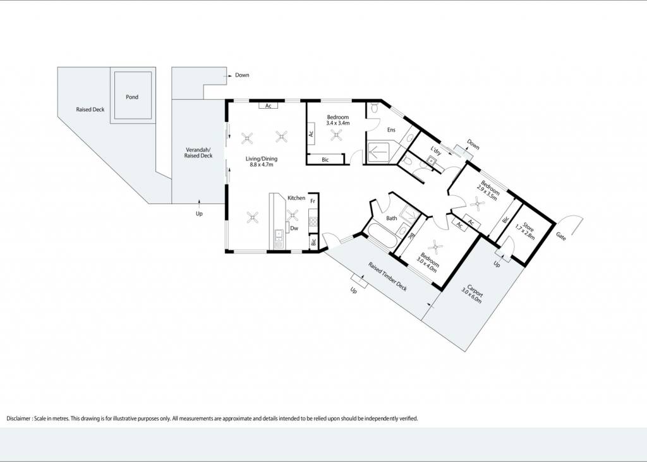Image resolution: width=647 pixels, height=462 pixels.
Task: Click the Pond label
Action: pyautogui.click(x=132, y=97)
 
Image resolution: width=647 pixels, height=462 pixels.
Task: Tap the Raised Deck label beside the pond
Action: pyautogui.click(x=90, y=109)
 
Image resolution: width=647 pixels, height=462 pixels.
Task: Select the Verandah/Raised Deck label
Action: pyautogui.click(x=198, y=153)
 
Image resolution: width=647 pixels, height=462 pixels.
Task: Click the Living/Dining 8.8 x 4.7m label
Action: pyautogui.click(x=262, y=161)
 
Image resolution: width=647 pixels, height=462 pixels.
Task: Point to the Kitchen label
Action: pyautogui.click(x=296, y=198)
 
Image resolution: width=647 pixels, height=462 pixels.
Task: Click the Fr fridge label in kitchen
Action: pyautogui.click(x=313, y=201)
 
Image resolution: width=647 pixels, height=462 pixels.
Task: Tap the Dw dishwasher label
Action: pyautogui.click(x=294, y=228)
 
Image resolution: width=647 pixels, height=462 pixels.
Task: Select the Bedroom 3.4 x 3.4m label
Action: pyautogui.click(x=338, y=120)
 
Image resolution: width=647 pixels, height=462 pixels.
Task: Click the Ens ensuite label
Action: pyautogui.click(x=391, y=130)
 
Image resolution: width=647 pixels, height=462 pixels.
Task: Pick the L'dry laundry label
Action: pyautogui.click(x=436, y=150)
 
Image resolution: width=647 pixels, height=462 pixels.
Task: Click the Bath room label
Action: pyautogui.click(x=392, y=218)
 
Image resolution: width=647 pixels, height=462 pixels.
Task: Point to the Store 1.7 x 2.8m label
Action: pyautogui.click(x=526, y=231)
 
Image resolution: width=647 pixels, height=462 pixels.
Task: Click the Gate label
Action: pyautogui.click(x=561, y=236)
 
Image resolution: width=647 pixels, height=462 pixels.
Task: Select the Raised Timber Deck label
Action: pyautogui.click(x=388, y=277)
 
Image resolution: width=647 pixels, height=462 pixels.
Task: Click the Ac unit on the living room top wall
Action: pyautogui.click(x=268, y=106)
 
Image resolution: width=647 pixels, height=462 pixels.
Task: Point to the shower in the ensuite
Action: pyautogui.click(x=378, y=153)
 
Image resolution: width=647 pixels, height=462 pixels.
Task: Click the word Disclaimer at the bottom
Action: pyautogui.click(x=18, y=418)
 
